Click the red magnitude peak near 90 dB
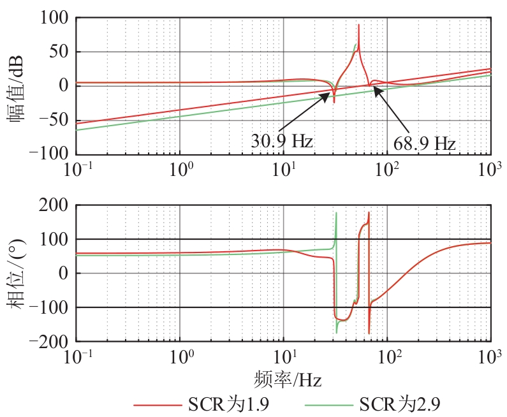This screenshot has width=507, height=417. [x=358, y=26]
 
